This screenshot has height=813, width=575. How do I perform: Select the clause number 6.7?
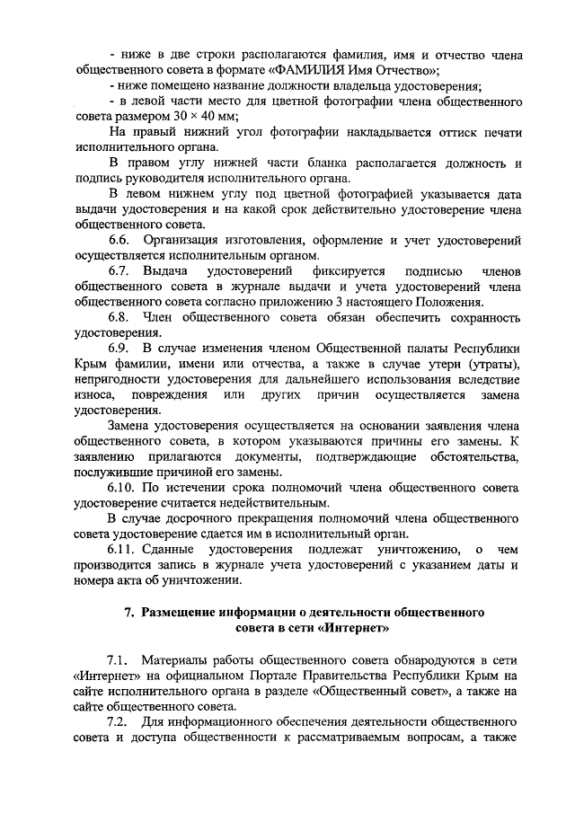tap(120, 270)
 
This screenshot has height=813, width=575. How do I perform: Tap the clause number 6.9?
tap(120, 348)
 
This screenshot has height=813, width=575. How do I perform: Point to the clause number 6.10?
tap(124, 488)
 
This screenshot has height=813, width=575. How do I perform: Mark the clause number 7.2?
tap(119, 721)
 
